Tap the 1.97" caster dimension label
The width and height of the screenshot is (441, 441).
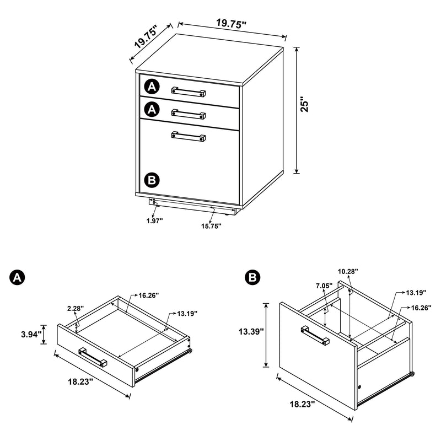(154, 221)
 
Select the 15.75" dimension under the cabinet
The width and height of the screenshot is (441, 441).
(211, 225)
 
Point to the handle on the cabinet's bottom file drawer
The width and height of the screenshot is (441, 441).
(189, 136)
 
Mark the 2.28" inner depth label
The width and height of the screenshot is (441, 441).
(76, 309)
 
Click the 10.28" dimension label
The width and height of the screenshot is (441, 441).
(348, 271)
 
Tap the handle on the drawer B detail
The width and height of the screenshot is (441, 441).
(315, 336)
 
